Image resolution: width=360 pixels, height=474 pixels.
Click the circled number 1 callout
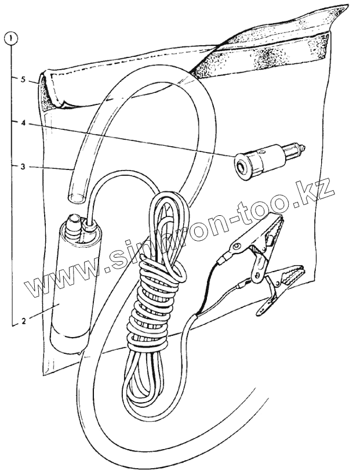pos(12,39)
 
